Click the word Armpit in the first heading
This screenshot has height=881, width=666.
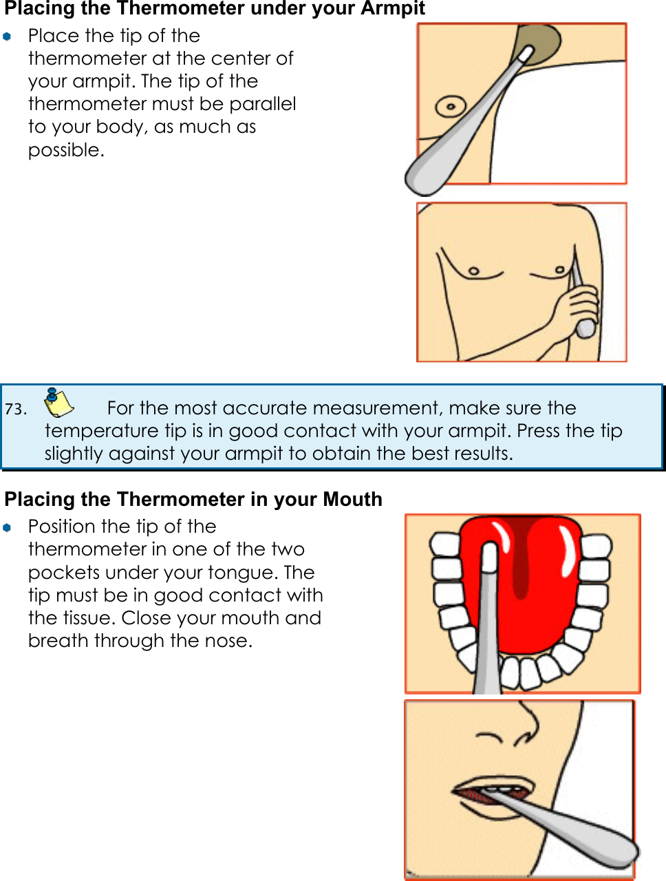point(393,9)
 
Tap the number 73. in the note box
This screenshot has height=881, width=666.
point(15,409)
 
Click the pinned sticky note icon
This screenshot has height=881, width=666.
point(58,403)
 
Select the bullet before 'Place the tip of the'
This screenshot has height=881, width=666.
point(7,36)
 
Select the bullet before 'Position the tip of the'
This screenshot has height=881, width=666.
point(7,527)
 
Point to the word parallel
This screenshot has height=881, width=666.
point(263,104)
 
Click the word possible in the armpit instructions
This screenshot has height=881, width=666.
point(65,150)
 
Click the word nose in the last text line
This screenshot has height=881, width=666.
point(230,641)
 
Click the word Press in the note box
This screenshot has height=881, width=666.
point(538,431)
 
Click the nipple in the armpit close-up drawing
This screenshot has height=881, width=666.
point(451,107)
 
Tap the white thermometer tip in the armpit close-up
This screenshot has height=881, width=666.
point(524,55)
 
